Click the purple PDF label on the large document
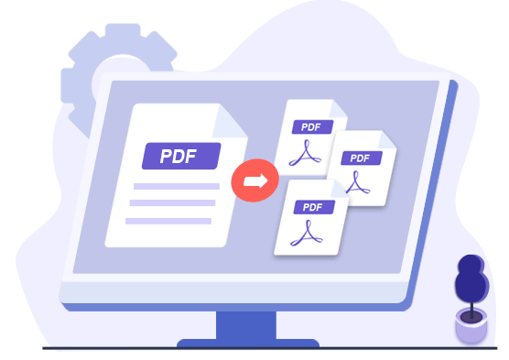pos(181,156)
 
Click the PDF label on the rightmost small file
pos(361,158)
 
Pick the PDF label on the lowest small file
pos(312,208)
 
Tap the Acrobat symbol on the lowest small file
pos(306,235)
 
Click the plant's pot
pos(471,326)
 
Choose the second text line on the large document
pos(172,203)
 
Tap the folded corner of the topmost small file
pos(336,108)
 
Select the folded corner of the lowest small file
pos(338,187)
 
